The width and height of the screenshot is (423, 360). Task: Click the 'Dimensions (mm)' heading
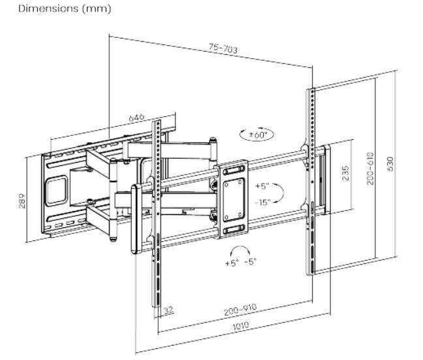pyautogui.click(x=55, y=8)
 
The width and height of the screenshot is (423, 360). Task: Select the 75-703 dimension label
pyautogui.click(x=223, y=49)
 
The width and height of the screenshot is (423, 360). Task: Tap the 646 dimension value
pyautogui.click(x=136, y=117)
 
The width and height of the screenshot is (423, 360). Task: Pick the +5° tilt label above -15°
pyautogui.click(x=262, y=185)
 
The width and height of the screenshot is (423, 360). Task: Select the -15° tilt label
pyautogui.click(x=262, y=202)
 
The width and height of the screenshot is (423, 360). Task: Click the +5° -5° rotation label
pyautogui.click(x=241, y=263)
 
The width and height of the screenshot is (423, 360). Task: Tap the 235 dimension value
pyautogui.click(x=345, y=172)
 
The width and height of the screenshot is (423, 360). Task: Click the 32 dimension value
pyautogui.click(x=169, y=310)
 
